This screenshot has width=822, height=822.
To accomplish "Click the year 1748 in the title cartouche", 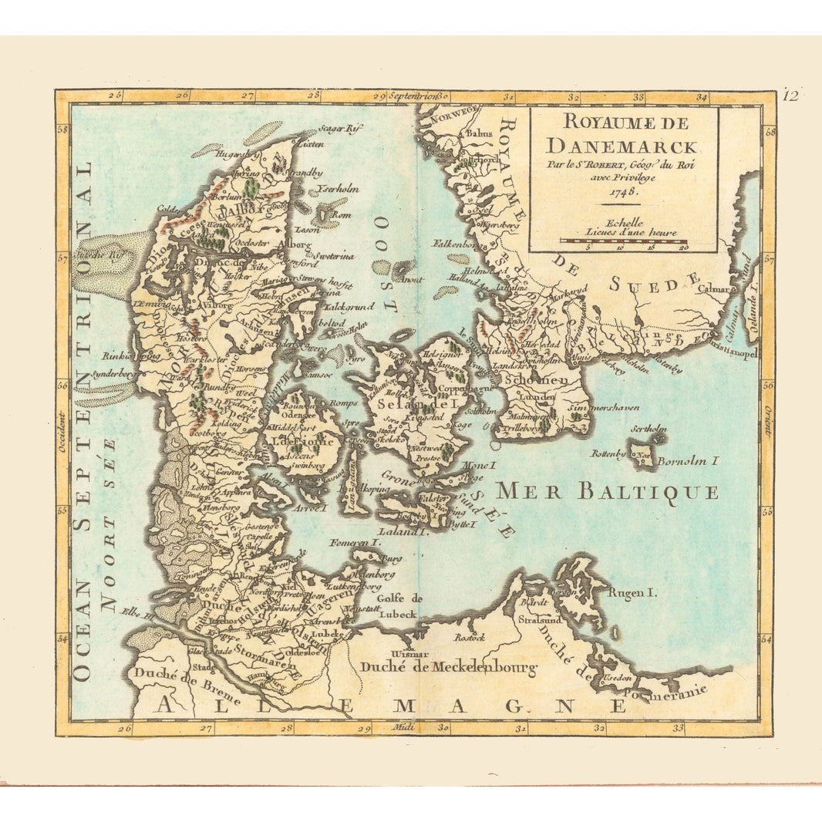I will click(x=623, y=193).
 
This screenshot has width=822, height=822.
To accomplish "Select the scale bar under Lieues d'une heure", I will click(x=623, y=241).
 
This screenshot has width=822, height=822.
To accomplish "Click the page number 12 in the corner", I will click(x=790, y=96).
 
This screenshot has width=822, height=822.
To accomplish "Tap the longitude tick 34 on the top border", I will click(x=702, y=98).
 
